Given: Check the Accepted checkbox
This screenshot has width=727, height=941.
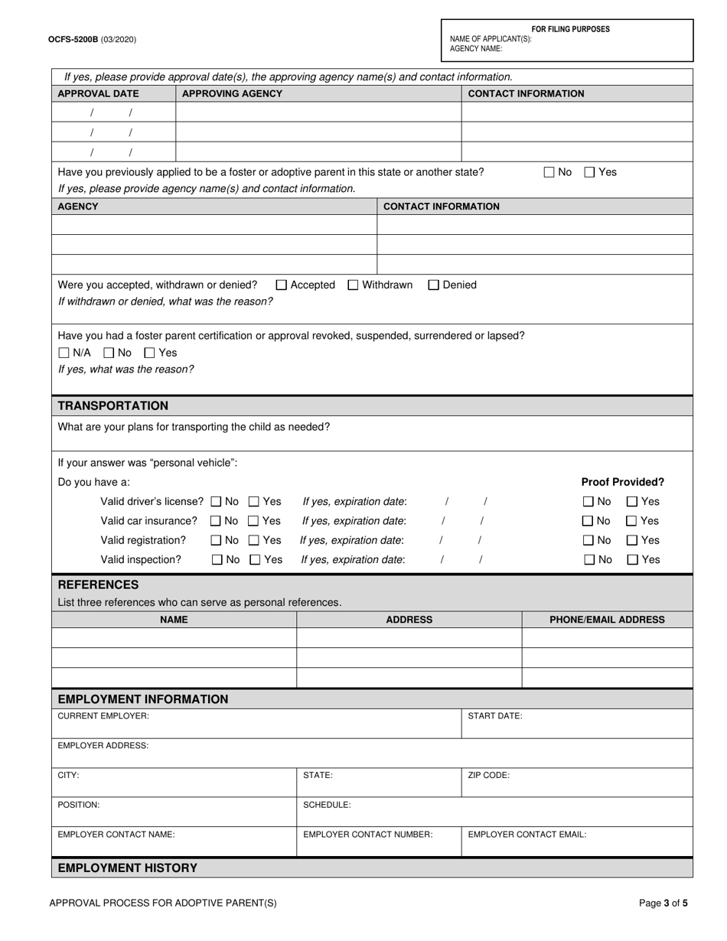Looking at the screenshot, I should pyautogui.click(x=281, y=285).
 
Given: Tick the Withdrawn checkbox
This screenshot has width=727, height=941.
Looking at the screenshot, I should pyautogui.click(x=353, y=285).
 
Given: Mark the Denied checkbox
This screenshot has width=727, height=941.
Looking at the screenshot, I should pyautogui.click(x=434, y=285).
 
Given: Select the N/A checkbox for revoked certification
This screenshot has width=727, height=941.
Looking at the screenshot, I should pyautogui.click(x=64, y=353).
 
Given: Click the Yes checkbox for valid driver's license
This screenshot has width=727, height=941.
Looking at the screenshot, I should pyautogui.click(x=254, y=502).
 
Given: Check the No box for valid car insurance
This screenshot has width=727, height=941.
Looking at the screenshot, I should pyautogui.click(x=217, y=521).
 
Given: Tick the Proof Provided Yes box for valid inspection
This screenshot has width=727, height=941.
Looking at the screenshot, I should pyautogui.click(x=633, y=560).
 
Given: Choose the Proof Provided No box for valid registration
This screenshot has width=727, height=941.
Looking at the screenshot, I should pyautogui.click(x=588, y=540).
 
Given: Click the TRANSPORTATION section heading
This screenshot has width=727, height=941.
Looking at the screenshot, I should pyautogui.click(x=113, y=405).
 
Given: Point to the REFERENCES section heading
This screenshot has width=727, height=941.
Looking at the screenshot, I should pyautogui.click(x=99, y=584).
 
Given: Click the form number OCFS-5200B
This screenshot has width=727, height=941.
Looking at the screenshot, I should pyautogui.click(x=73, y=39).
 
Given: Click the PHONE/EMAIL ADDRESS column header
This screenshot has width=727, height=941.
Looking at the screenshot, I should pyautogui.click(x=607, y=620).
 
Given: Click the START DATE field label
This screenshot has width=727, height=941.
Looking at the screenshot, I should pyautogui.click(x=495, y=716).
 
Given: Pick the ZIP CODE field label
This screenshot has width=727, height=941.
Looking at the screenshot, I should pyautogui.click(x=488, y=775).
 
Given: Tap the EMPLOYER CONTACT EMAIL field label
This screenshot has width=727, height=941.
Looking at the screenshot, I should pyautogui.click(x=527, y=835).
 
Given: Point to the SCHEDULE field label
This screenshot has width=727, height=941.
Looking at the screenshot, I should pyautogui.click(x=327, y=805).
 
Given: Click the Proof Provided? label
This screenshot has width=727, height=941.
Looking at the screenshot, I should pyautogui.click(x=622, y=482).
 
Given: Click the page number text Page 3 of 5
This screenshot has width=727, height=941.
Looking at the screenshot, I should pyautogui.click(x=663, y=903).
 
